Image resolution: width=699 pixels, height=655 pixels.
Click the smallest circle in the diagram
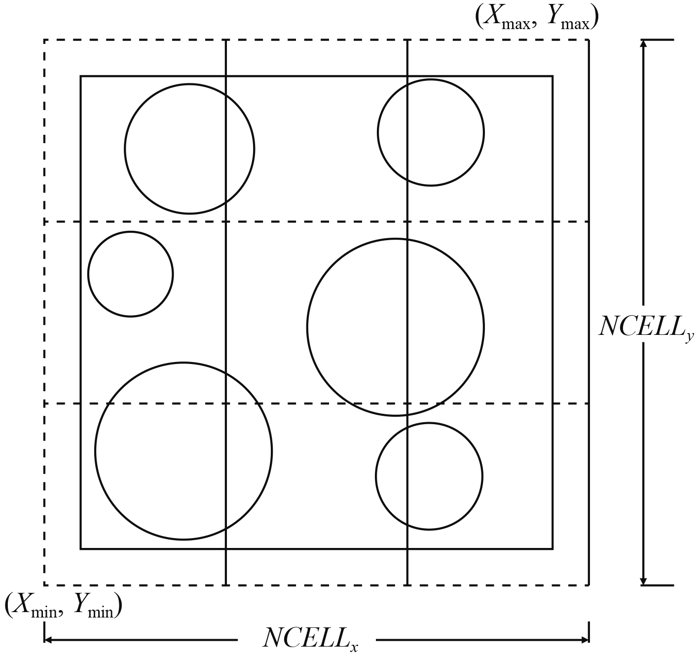pos(130,274)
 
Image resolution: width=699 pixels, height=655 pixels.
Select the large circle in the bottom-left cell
pos(183,451)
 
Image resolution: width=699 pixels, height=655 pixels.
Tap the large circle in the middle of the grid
pos(395,327)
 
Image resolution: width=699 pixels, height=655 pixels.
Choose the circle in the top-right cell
pos(431,132)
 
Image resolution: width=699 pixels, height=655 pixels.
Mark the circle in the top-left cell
pos(189,148)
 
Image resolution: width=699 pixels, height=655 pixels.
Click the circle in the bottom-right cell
pos(429,476)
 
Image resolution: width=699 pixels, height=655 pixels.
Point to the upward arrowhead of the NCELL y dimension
pos(643,43)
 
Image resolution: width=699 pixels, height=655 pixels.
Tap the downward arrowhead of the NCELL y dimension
pos(643,581)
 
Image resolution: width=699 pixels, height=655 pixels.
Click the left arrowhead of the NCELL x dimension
pos(48,641)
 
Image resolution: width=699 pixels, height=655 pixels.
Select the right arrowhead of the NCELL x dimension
pos(585,641)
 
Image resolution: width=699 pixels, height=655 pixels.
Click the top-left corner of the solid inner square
pos(81,76)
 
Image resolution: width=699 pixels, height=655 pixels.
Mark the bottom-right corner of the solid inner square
pos(552,548)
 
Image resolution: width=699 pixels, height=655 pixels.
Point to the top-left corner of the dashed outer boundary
pos(45,40)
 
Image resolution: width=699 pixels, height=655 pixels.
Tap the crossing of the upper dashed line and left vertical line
pos(226,222)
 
